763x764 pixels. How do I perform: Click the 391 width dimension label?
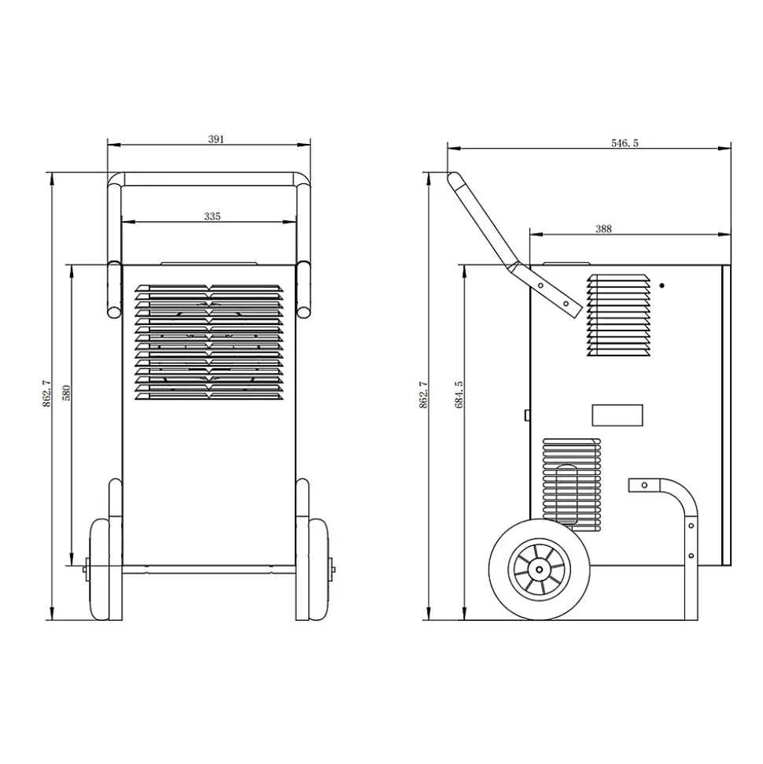tap(216, 139)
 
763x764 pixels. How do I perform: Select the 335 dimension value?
tap(212, 216)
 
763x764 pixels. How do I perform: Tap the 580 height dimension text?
tap(67, 393)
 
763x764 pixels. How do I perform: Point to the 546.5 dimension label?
tap(625, 143)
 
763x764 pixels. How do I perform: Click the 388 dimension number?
tap(603, 229)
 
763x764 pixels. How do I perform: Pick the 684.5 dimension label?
tap(459, 395)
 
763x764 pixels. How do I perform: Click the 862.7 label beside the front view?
tap(46, 393)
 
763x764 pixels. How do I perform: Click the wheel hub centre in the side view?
tap(539, 570)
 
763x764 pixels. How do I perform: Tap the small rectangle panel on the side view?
tap(617, 415)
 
